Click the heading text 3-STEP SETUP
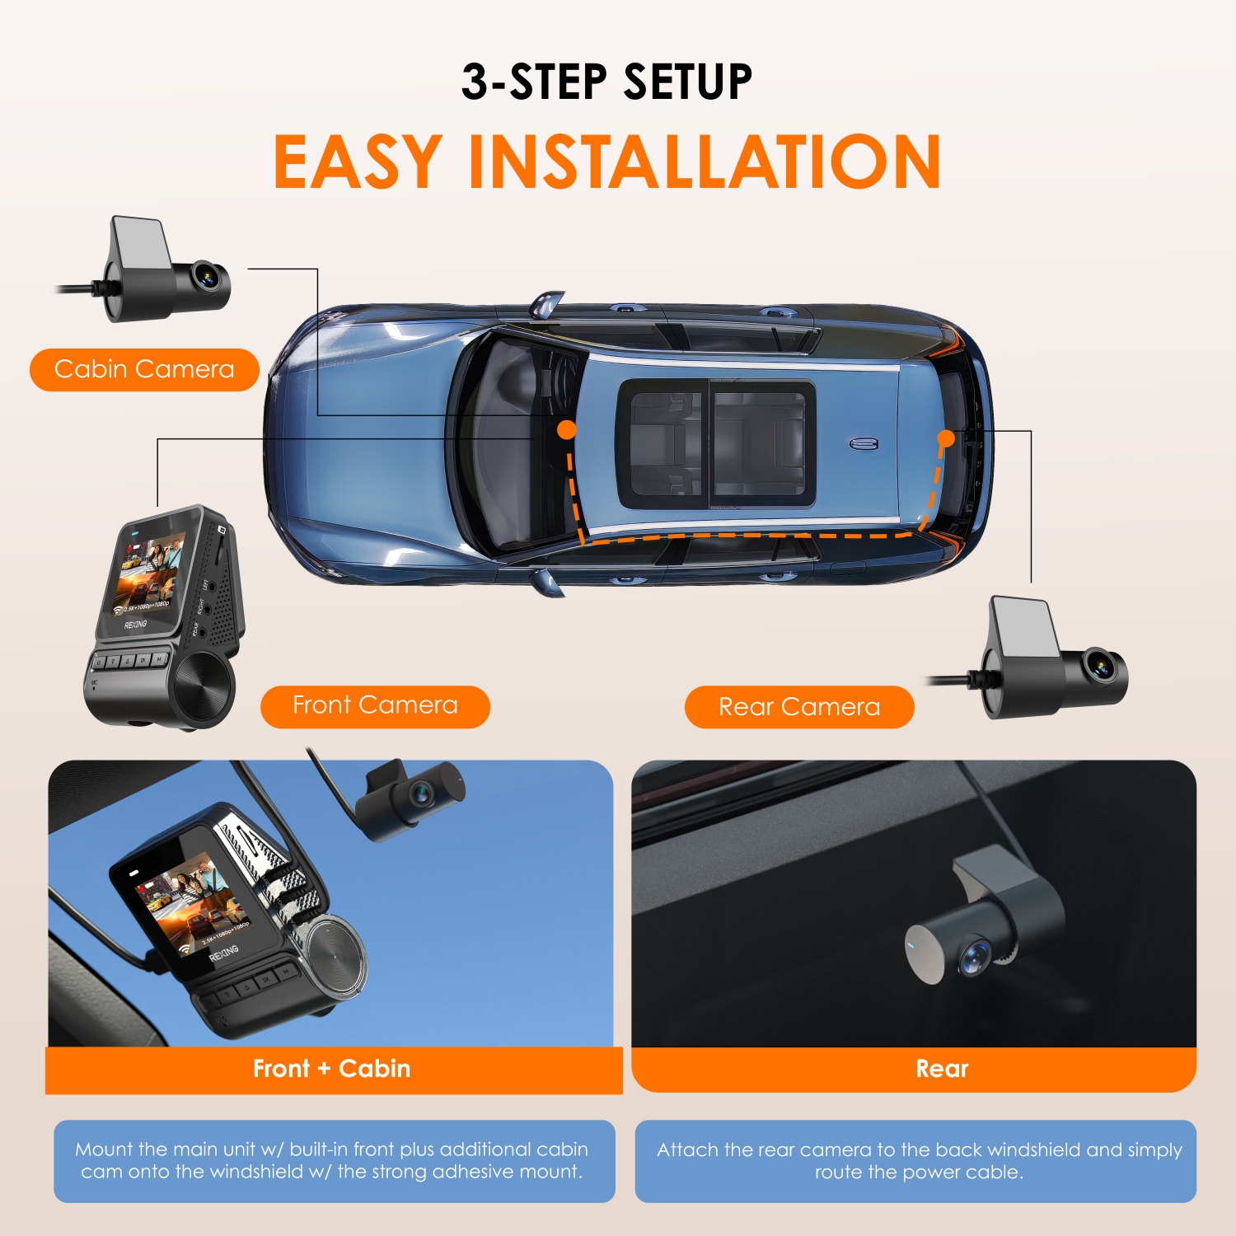point(606,82)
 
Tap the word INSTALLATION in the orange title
point(705,162)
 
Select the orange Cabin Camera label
point(144,369)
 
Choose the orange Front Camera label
point(375,706)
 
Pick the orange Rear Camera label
point(798,707)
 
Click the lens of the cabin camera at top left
point(207,277)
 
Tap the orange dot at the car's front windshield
point(567,429)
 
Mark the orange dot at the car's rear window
point(946,438)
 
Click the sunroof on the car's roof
point(716,443)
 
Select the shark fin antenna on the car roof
point(864,444)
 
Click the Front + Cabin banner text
point(331,1069)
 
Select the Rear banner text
point(942,1069)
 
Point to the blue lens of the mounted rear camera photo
point(975,956)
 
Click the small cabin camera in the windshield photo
point(412,796)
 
